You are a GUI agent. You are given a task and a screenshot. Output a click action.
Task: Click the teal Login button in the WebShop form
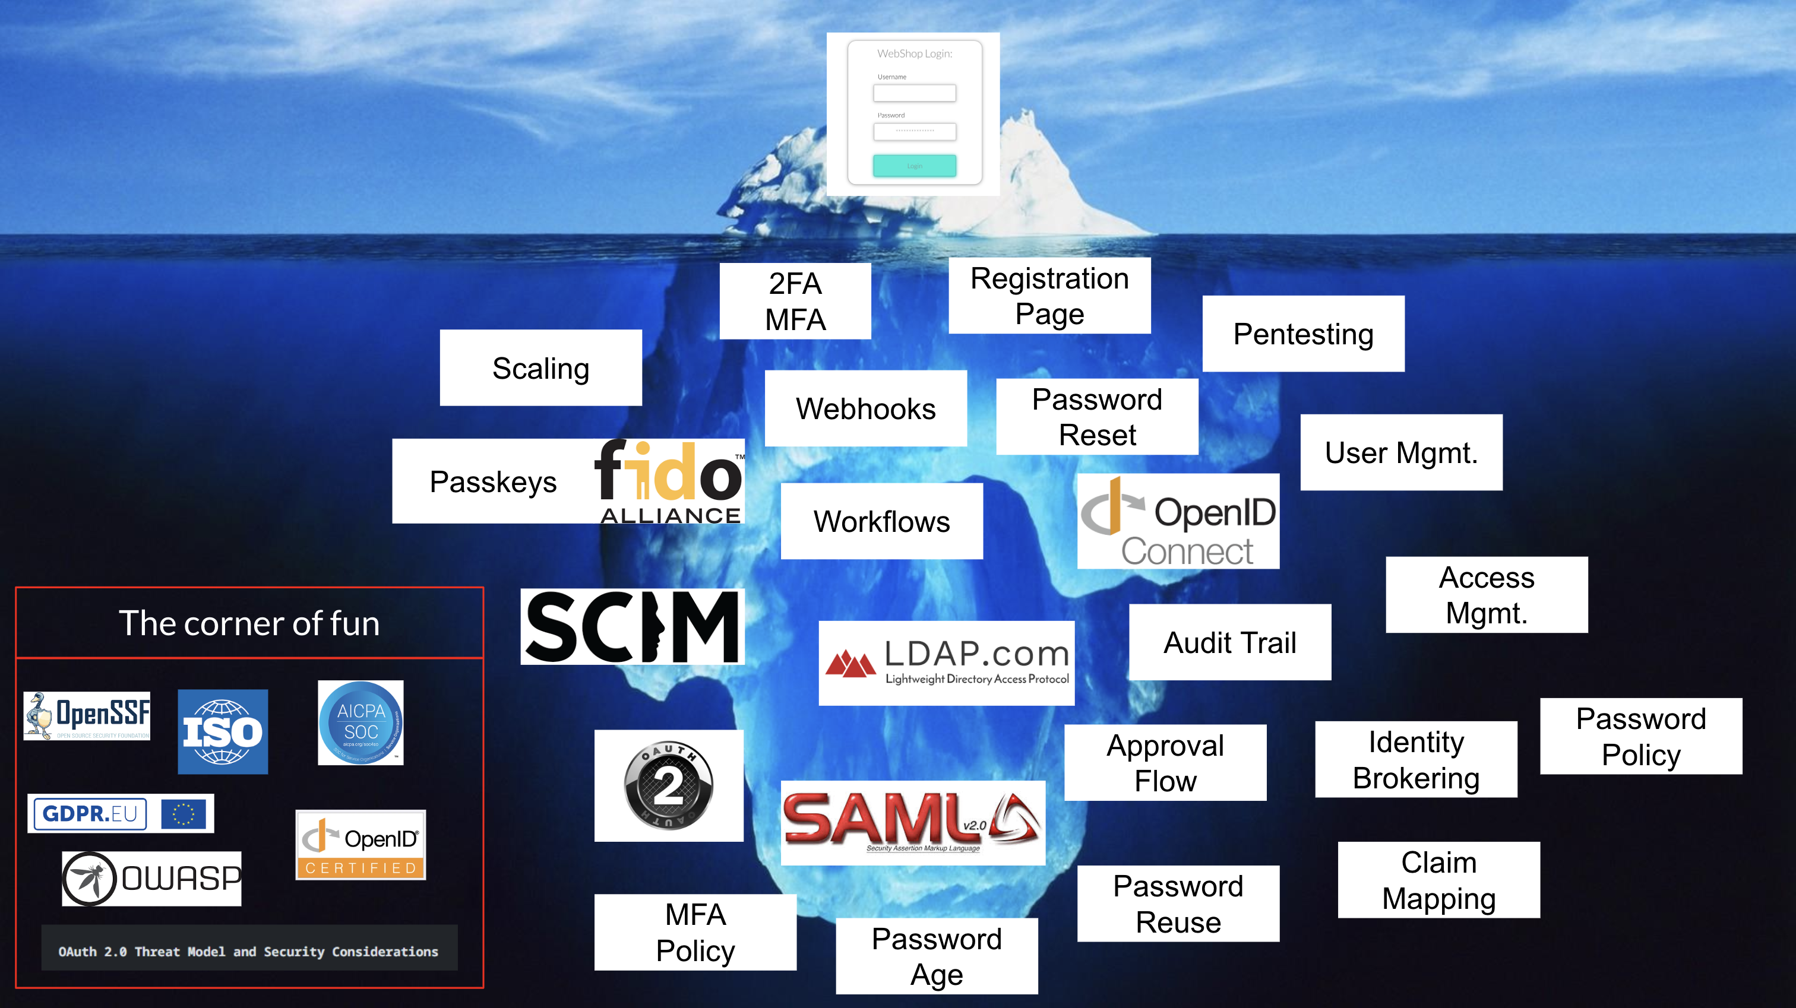tap(914, 166)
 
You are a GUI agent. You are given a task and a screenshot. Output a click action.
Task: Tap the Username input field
tap(914, 93)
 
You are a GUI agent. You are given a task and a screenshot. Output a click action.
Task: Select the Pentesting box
tap(1303, 334)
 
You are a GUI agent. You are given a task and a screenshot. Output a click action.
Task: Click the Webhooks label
tap(865, 408)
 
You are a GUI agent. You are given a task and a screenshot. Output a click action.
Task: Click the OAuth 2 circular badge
tap(669, 785)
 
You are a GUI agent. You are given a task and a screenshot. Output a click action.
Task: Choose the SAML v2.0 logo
tap(912, 823)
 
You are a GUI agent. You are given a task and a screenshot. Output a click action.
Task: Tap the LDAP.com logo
tap(946, 663)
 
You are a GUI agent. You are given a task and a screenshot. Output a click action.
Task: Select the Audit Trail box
tap(1230, 642)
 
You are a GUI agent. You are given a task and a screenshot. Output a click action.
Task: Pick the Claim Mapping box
tap(1438, 880)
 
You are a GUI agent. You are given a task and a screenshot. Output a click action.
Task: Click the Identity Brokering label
tap(1415, 759)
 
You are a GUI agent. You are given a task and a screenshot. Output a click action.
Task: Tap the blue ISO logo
tap(222, 731)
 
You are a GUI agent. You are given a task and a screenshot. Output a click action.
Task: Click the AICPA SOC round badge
tap(361, 723)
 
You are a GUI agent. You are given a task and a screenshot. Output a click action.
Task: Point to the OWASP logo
tap(151, 879)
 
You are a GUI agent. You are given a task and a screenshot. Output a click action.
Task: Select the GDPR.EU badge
tap(120, 813)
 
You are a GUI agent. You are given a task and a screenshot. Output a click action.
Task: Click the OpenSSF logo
tap(87, 716)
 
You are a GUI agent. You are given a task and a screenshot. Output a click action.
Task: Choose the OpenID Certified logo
tap(361, 844)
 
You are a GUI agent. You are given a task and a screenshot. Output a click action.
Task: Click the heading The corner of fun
tap(249, 623)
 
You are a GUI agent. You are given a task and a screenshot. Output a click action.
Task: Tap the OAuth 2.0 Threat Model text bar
tap(249, 951)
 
